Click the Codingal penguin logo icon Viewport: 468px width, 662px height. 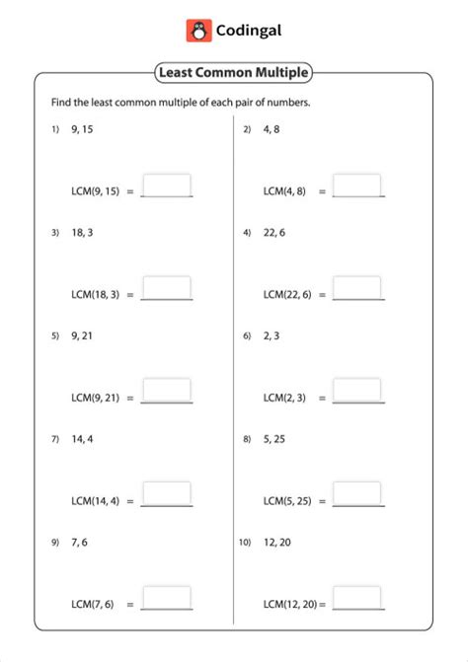tap(198, 31)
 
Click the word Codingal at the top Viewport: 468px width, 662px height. tap(250, 31)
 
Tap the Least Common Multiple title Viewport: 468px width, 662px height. tap(233, 72)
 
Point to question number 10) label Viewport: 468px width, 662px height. tap(246, 542)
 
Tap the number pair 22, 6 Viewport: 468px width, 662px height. tap(274, 233)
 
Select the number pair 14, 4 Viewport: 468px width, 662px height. tap(83, 438)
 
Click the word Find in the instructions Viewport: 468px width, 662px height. tap(61, 103)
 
